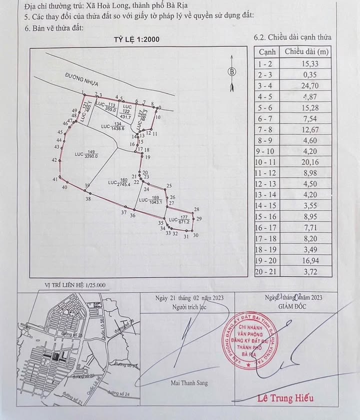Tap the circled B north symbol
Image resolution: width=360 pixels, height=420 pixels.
click(x=231, y=71)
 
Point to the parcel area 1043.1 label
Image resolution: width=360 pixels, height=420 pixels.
click(x=154, y=202)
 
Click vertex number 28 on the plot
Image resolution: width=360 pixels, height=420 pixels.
click(x=196, y=210)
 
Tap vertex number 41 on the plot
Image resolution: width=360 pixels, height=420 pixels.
click(x=54, y=179)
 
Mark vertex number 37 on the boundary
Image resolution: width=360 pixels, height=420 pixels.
click(x=123, y=213)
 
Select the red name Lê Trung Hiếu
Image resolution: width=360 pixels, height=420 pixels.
click(x=285, y=398)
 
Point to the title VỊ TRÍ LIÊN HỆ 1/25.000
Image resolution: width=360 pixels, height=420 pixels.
click(x=75, y=285)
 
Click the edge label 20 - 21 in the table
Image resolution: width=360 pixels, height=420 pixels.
click(x=267, y=271)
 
